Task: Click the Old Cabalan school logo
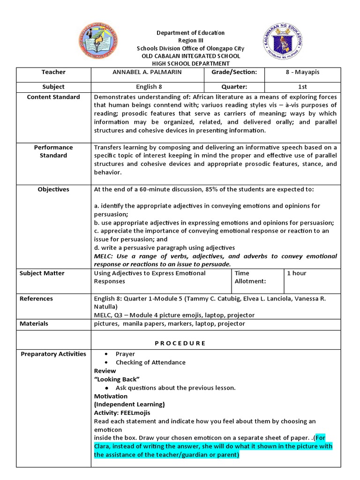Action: (97, 42)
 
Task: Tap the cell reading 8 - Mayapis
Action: (303, 72)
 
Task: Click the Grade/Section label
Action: (234, 72)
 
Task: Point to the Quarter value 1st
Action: (303, 87)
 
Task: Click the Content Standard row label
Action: (53, 97)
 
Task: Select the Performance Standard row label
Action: (53, 151)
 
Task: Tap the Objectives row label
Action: (53, 189)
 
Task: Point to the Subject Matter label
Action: (42, 273)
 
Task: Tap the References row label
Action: (36, 299)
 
